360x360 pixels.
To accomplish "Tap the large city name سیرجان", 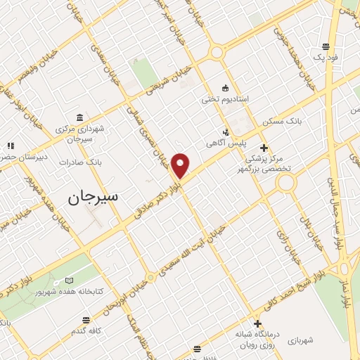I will pyautogui.click(x=94, y=198).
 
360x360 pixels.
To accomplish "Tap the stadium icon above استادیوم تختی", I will pyautogui.click(x=225, y=88).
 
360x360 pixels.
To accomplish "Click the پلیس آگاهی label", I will pyautogui.click(x=219, y=143).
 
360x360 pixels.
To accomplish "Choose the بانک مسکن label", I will pyautogui.click(x=281, y=122).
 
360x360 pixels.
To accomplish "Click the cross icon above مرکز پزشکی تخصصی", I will pyautogui.click(x=264, y=148).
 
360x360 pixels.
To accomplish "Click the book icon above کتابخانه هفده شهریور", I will pyautogui.click(x=67, y=280).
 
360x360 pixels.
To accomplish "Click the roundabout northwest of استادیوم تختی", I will pyautogui.click(x=217, y=52).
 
